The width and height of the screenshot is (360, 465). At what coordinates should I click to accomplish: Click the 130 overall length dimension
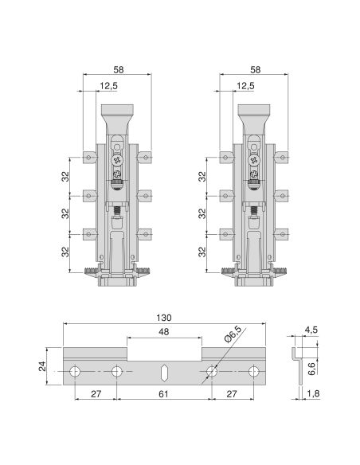164,318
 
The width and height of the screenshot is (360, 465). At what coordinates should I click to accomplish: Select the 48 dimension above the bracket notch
164,331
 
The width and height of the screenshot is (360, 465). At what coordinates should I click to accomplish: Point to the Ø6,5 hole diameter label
233,334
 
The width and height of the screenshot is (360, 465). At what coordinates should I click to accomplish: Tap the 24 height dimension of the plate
42,366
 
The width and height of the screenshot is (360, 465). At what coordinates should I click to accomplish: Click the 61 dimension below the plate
163,394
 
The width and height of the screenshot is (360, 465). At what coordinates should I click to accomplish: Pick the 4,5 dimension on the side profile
311,330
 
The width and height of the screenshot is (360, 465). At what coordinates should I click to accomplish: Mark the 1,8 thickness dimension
313,393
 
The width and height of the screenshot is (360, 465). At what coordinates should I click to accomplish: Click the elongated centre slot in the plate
164,372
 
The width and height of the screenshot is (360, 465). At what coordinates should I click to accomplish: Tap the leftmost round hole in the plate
74,372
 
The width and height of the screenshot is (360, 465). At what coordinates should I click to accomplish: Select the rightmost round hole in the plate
253,372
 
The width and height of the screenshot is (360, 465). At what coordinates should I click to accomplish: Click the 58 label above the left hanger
119,70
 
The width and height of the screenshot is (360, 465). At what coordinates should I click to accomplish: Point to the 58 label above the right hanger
256,70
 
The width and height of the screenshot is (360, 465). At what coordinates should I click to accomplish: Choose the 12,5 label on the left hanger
108,86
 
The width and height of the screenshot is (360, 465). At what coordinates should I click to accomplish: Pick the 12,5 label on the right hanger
245,86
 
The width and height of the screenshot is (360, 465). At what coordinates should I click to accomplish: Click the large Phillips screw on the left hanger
117,160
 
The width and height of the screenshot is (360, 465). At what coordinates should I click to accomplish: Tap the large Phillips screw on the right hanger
254,160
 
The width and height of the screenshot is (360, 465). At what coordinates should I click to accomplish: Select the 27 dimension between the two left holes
96,394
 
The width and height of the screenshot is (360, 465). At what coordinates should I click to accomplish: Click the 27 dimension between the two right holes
232,394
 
